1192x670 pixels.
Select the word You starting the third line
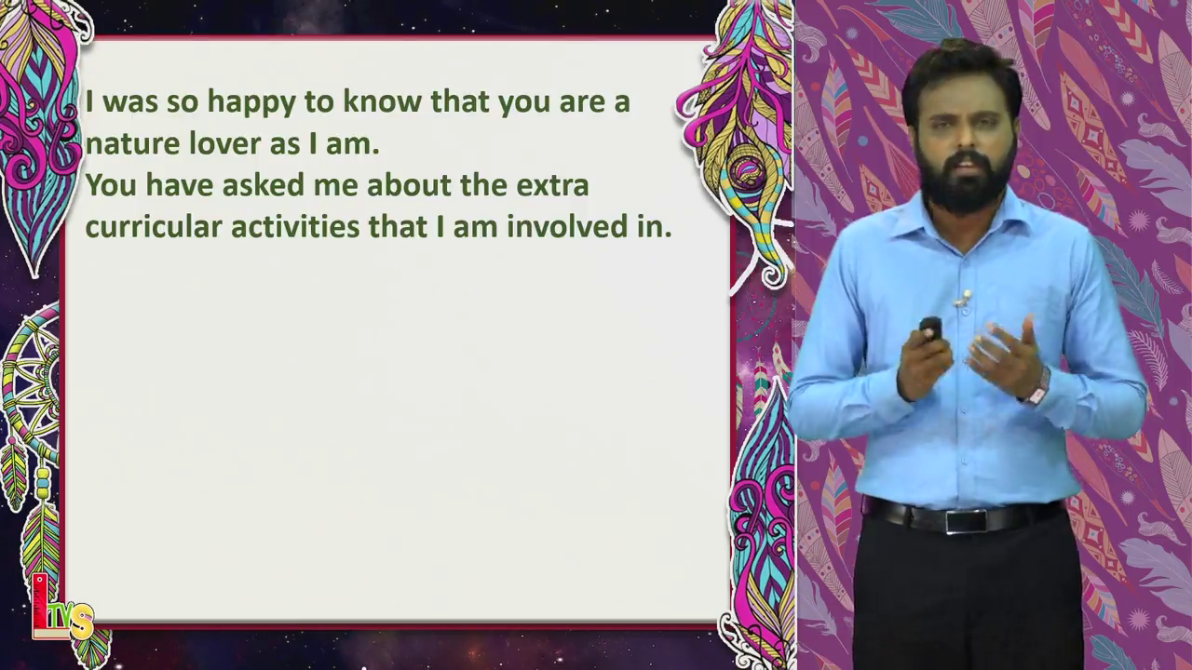point(111,185)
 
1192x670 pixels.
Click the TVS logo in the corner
point(61,608)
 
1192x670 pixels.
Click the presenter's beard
point(968,185)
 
